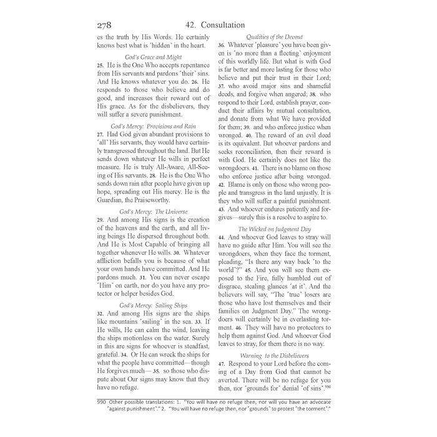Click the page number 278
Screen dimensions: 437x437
104,26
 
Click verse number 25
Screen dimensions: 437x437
100,66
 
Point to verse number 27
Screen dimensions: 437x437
100,135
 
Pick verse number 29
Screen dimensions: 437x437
100,220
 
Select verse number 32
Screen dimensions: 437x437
100,313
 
